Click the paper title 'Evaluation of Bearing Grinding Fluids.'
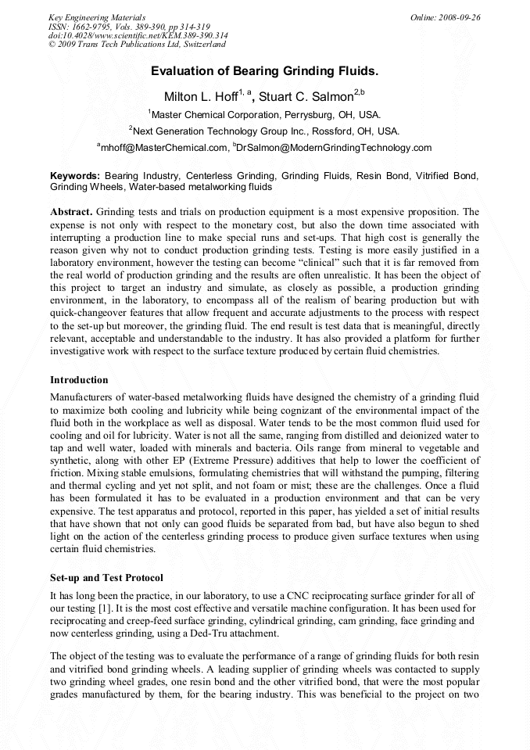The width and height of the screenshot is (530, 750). tap(264, 71)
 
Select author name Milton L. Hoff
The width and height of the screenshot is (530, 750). tap(199, 97)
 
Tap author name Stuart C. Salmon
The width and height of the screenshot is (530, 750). tap(310, 97)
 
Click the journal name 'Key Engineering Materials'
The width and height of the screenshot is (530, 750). tap(97, 17)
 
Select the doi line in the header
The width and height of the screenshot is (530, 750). tap(138, 35)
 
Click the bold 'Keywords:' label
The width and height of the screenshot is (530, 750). tap(75, 177)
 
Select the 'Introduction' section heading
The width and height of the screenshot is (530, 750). tap(79, 380)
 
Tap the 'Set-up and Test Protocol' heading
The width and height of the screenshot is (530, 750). tap(106, 578)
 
